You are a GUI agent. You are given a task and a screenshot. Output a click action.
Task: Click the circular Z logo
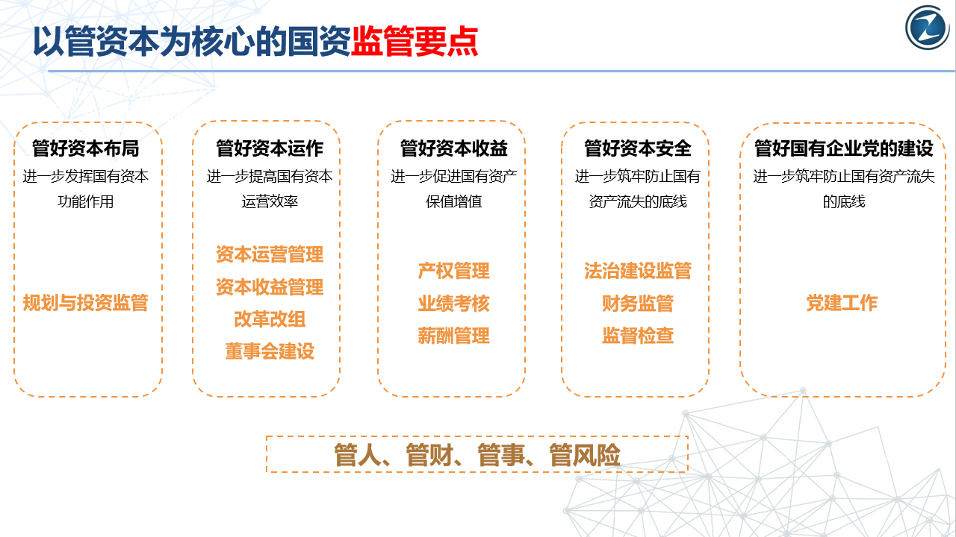pyautogui.click(x=928, y=28)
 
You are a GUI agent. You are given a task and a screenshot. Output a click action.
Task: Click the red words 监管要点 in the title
pyautogui.click(x=415, y=41)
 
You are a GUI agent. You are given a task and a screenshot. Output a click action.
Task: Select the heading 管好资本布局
pyautogui.click(x=86, y=148)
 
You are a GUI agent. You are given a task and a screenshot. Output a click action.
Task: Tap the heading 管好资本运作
pyautogui.click(x=270, y=148)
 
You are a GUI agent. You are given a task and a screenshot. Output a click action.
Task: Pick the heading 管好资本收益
pyautogui.click(x=453, y=148)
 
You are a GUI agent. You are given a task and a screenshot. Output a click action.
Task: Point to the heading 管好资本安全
pyautogui.click(x=638, y=148)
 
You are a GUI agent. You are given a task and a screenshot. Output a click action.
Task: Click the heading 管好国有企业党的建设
pyautogui.click(x=844, y=148)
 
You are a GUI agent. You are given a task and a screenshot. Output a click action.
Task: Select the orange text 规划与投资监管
pyautogui.click(x=85, y=303)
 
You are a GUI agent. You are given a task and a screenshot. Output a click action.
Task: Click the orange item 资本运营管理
pyautogui.click(x=270, y=254)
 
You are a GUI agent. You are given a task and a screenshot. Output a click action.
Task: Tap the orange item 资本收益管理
pyautogui.click(x=270, y=287)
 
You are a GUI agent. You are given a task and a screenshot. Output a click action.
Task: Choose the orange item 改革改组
pyautogui.click(x=270, y=319)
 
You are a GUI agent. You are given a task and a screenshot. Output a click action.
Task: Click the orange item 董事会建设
pyautogui.click(x=270, y=351)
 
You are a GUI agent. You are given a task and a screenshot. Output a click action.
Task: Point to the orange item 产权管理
pyautogui.click(x=453, y=271)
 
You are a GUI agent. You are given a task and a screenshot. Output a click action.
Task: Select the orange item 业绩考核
pyautogui.click(x=453, y=303)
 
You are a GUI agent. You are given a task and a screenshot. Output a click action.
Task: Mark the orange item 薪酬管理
pyautogui.click(x=453, y=336)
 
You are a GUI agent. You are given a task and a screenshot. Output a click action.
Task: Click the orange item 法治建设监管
pyautogui.click(x=638, y=271)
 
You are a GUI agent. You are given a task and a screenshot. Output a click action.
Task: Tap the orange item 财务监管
pyautogui.click(x=638, y=303)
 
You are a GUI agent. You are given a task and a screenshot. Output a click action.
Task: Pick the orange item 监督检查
pyautogui.click(x=638, y=336)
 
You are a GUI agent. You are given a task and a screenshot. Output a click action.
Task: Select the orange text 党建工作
pyautogui.click(x=842, y=303)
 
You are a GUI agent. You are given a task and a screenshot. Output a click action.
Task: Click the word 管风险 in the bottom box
pyautogui.click(x=585, y=455)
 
